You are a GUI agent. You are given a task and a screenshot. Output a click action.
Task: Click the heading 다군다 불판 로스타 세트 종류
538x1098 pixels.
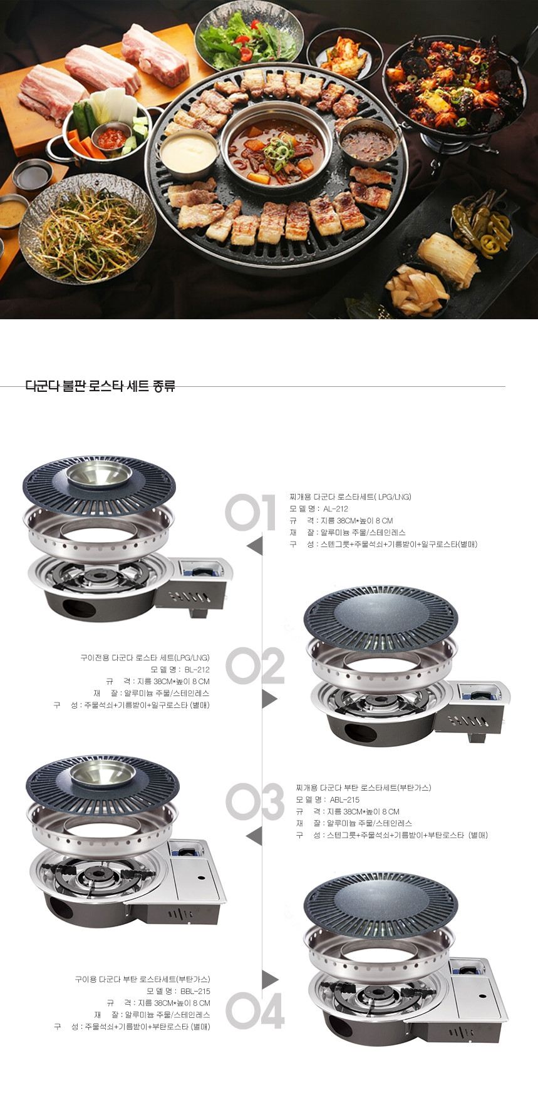pyautogui.click(x=100, y=386)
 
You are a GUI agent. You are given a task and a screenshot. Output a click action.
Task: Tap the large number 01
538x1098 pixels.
pyautogui.click(x=251, y=513)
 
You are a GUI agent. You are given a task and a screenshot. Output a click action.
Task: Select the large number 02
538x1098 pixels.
pyautogui.click(x=255, y=665)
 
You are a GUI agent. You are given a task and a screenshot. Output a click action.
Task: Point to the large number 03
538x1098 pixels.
pyautogui.click(x=255, y=802)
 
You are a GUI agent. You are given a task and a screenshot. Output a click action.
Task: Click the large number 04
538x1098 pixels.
pyautogui.click(x=255, y=1010)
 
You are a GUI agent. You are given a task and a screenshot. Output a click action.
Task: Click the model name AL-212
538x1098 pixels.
pyautogui.click(x=336, y=509)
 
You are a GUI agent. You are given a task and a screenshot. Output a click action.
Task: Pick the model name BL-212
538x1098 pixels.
pyautogui.click(x=197, y=670)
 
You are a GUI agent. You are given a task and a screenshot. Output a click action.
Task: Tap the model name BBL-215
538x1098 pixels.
pyautogui.click(x=195, y=992)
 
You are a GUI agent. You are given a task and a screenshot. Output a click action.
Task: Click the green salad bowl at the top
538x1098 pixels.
pyautogui.click(x=249, y=36)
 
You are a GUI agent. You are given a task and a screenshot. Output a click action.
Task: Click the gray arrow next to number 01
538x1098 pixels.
pyautogui.click(x=255, y=545)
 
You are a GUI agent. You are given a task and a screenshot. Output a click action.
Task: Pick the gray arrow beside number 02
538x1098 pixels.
pyautogui.click(x=269, y=698)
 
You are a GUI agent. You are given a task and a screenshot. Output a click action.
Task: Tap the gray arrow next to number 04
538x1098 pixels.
pyautogui.click(x=270, y=979)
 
